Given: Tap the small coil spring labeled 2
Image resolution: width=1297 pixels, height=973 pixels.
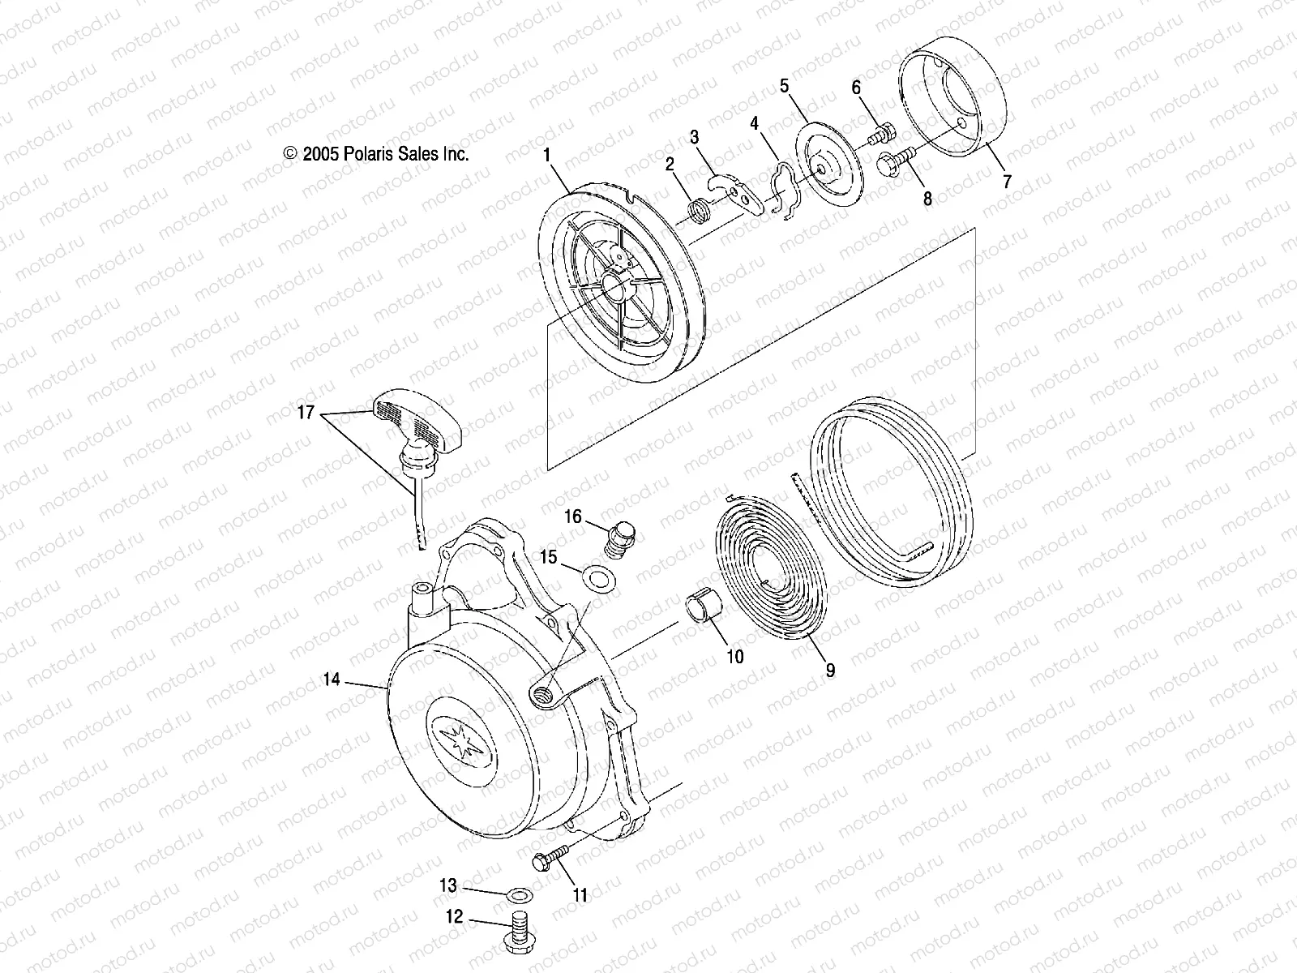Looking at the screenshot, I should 698,213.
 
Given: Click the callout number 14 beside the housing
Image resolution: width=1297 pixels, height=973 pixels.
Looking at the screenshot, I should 331,681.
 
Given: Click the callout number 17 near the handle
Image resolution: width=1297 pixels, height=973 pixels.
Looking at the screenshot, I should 305,413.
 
